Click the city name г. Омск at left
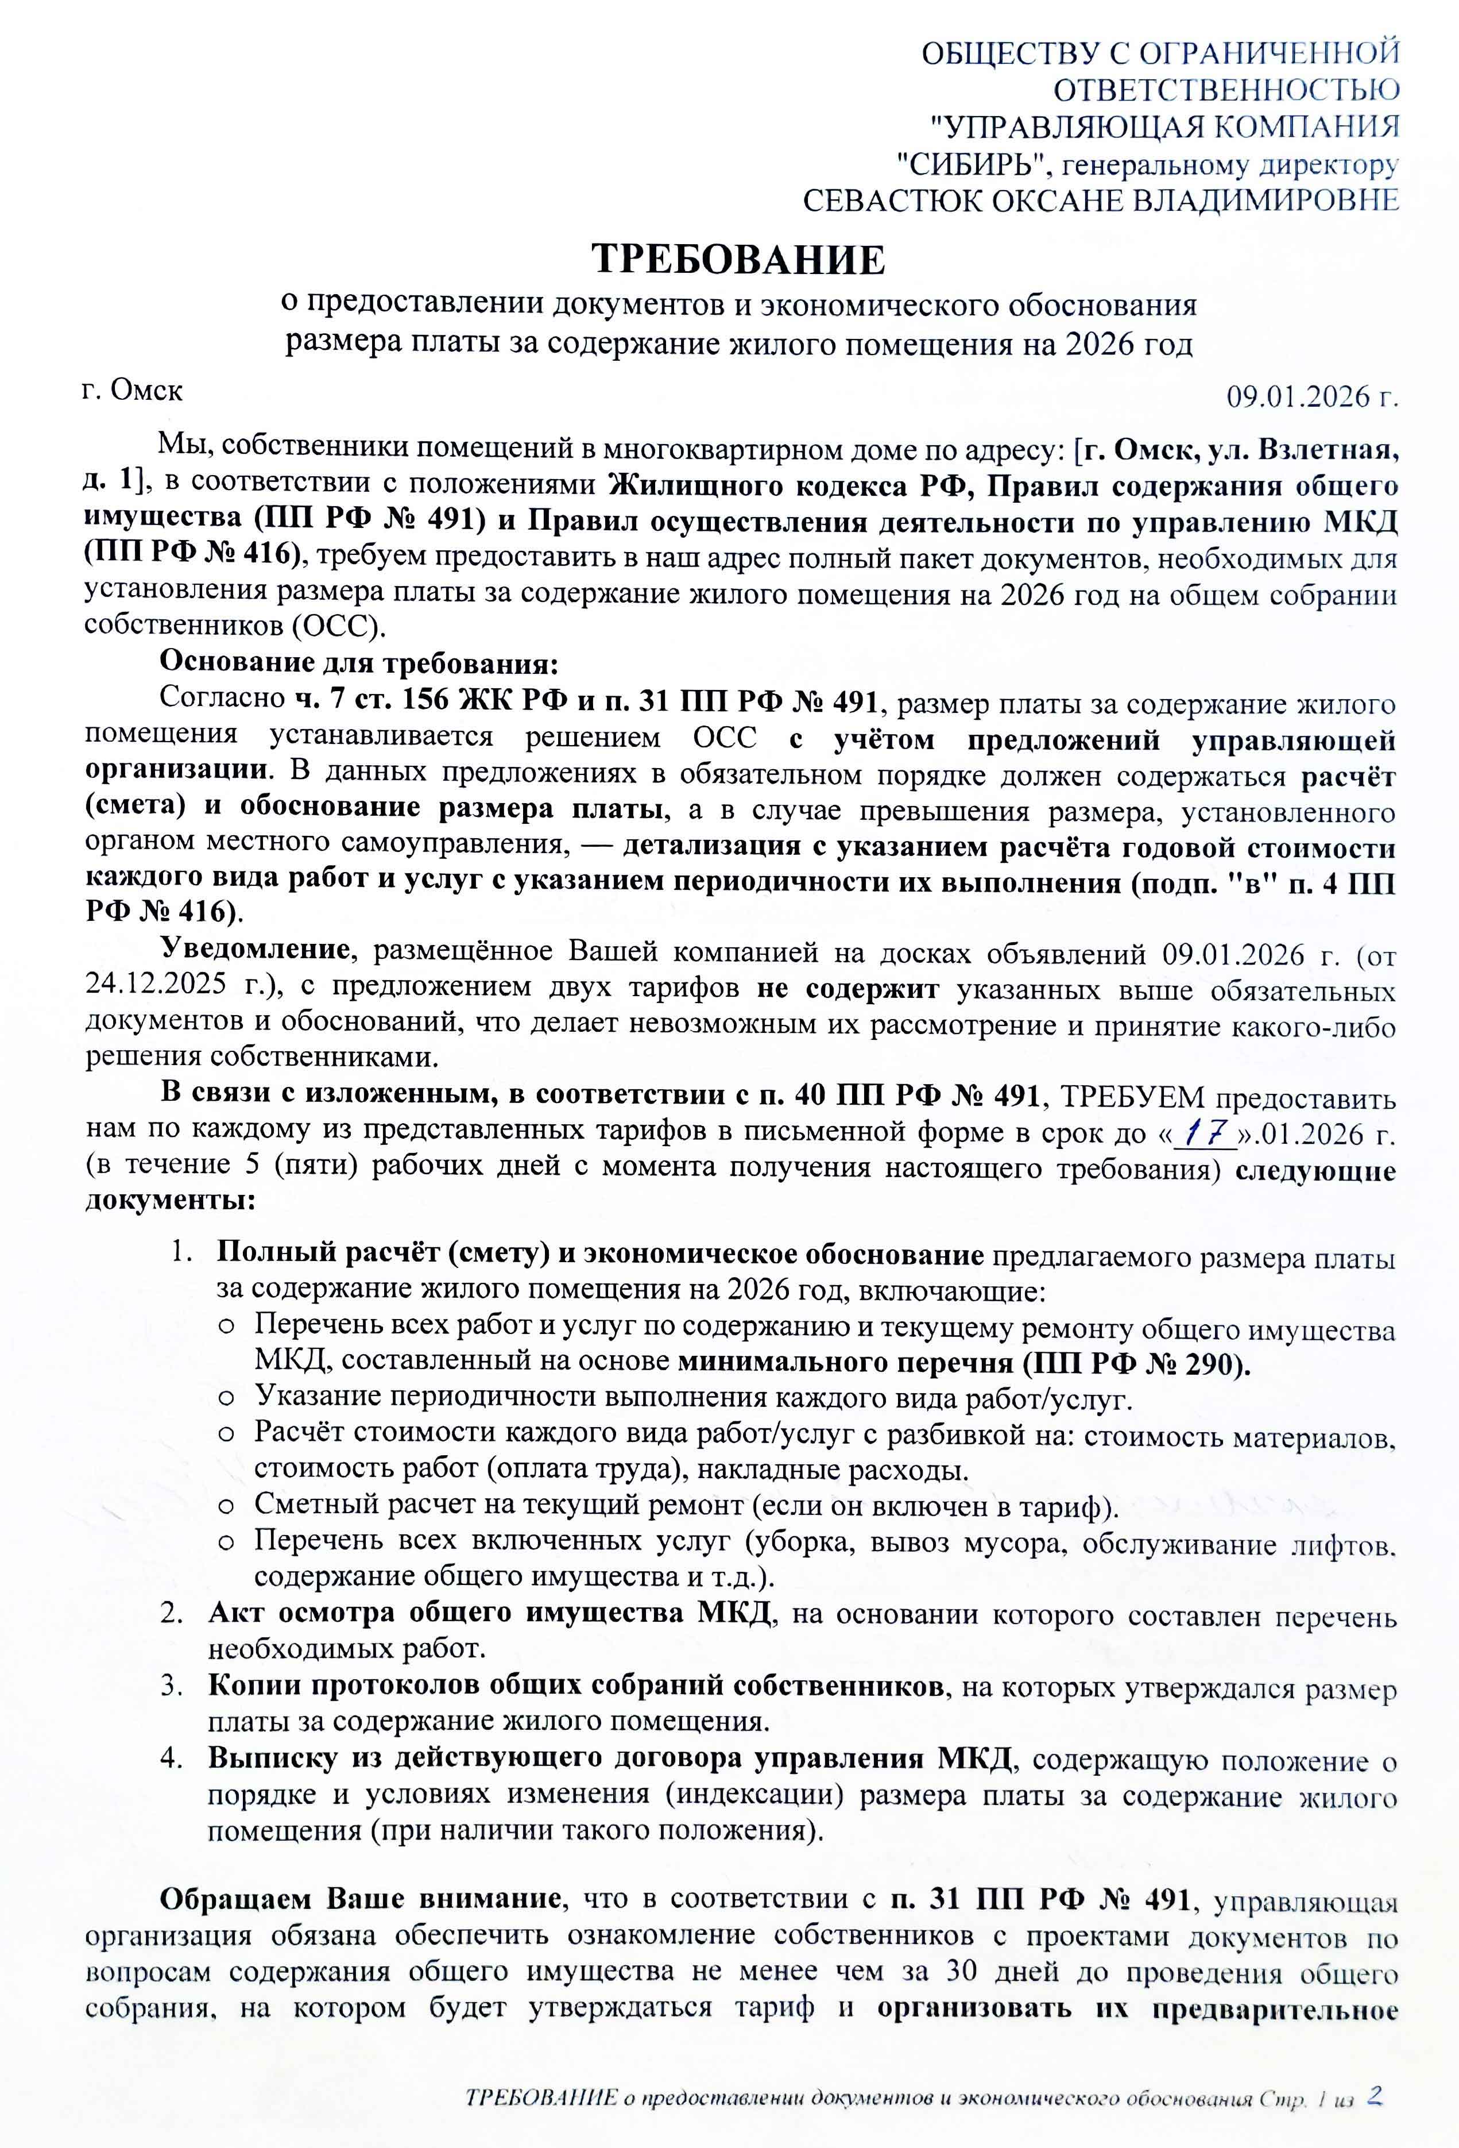pos(132,390)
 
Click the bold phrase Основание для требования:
pos(359,663)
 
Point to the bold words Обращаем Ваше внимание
pos(361,1899)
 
